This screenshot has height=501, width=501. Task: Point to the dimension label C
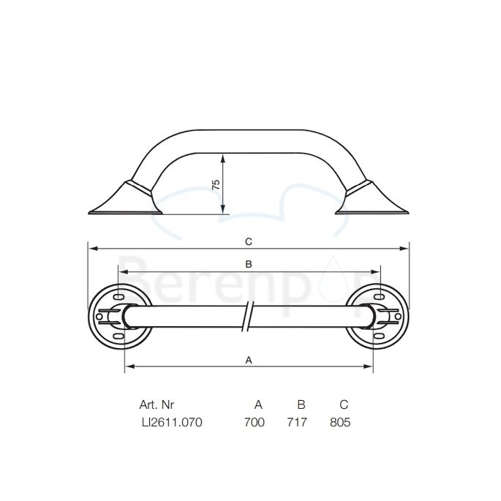click(x=248, y=241)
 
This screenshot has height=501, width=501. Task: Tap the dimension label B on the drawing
click(x=248, y=264)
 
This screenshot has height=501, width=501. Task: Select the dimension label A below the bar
click(x=248, y=359)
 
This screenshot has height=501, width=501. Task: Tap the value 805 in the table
click(x=341, y=422)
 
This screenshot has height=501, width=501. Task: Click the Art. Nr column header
click(x=157, y=404)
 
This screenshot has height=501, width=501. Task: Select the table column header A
click(x=257, y=404)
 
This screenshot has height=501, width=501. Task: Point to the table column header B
click(x=301, y=404)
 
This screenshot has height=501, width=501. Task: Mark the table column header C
click(x=343, y=404)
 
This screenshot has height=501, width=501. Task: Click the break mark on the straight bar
click(x=249, y=316)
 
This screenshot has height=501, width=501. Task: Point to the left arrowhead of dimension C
click(x=91, y=248)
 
